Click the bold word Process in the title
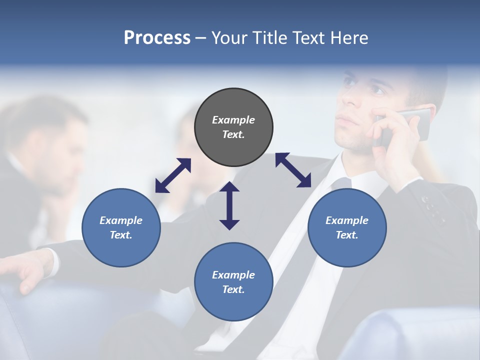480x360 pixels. coord(157,38)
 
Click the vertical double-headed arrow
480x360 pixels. coord(229,205)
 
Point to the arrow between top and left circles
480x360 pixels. coord(173,175)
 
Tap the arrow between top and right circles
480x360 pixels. coord(293,170)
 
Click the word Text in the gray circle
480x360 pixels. coord(233,134)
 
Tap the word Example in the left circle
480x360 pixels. coord(121,220)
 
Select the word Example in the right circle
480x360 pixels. coord(347,220)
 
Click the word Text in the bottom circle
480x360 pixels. coord(233,289)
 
